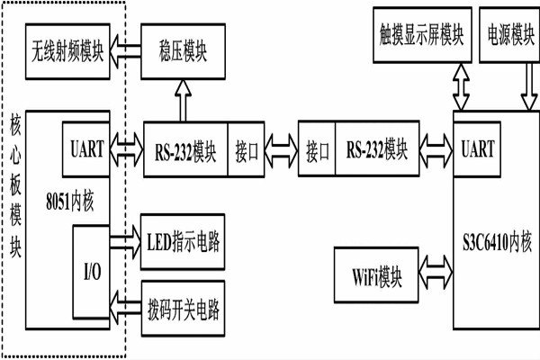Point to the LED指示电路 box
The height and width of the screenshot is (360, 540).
click(x=184, y=241)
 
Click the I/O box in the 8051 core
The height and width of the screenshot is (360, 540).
click(x=91, y=270)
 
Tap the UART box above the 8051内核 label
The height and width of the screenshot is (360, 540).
click(x=87, y=144)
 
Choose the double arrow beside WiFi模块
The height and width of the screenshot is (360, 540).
click(x=436, y=269)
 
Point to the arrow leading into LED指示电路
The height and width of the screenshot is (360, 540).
click(x=123, y=241)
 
